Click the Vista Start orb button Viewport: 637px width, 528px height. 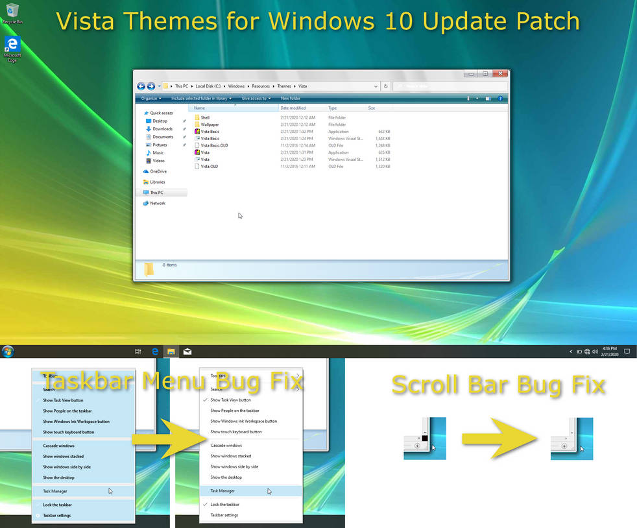pos(8,352)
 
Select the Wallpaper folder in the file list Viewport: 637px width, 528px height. pos(209,125)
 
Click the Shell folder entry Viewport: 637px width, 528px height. pos(205,117)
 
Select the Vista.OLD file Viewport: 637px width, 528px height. pos(209,166)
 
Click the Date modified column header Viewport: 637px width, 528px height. pos(293,108)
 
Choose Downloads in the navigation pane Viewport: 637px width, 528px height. pos(162,129)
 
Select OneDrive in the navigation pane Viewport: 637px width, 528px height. pos(158,171)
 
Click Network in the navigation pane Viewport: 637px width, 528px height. pos(157,203)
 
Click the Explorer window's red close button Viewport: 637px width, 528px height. pos(499,74)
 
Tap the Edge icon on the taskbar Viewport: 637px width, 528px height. pos(155,352)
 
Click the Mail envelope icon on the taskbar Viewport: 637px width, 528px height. pos(187,352)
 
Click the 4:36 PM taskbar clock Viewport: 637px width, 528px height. pos(609,352)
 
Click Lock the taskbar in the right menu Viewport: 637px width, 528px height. pos(224,504)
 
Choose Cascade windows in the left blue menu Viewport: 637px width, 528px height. pos(58,446)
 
